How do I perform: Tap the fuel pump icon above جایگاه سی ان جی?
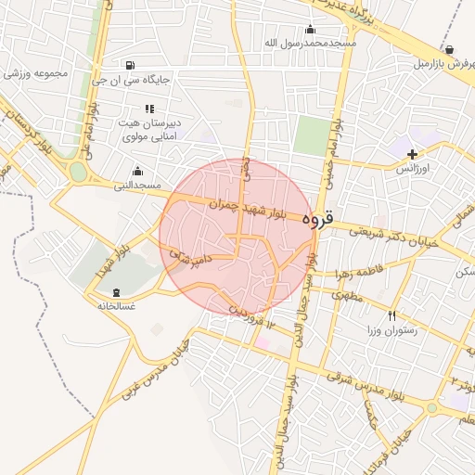click(127, 65)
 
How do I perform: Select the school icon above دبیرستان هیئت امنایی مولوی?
click(149, 109)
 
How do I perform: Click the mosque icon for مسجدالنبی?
click(137, 171)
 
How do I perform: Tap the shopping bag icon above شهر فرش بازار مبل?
click(449, 50)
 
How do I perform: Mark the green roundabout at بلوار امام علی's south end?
click(78, 172)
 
